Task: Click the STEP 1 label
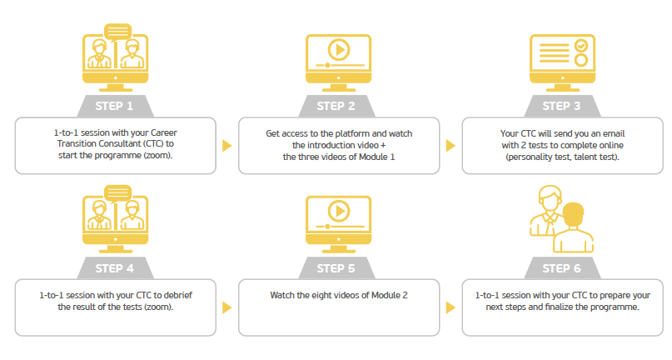tap(114, 106)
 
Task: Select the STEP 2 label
tap(336, 106)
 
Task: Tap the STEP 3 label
tap(561, 106)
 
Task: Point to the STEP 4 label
tap(114, 268)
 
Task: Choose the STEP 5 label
tap(336, 268)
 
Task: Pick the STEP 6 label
tap(561, 268)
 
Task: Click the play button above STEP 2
tap(339, 50)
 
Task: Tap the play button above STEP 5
tap(339, 211)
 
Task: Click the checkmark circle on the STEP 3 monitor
tap(581, 45)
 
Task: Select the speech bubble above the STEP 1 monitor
tap(118, 32)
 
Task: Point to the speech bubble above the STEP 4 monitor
tap(118, 193)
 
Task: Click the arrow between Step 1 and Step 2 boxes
tap(226, 146)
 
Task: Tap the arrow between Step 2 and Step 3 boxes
tap(450, 146)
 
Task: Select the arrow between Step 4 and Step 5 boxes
tap(226, 307)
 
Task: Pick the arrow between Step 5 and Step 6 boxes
tap(450, 307)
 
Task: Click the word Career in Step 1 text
tap(164, 132)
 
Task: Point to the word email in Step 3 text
tap(614, 133)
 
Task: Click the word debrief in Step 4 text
tap(178, 295)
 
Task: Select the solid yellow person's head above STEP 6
tap(573, 213)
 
